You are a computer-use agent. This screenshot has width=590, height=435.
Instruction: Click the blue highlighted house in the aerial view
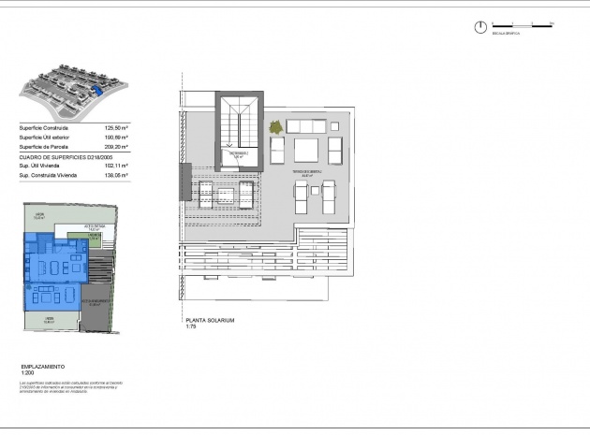96,90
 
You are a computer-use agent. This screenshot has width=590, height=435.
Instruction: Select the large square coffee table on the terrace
306,150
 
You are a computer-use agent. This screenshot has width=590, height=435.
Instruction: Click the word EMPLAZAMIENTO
41,366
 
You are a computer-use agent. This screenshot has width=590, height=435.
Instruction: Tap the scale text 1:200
26,372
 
